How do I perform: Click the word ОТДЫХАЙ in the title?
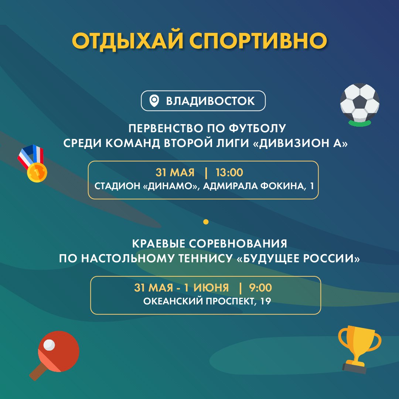pos(128,41)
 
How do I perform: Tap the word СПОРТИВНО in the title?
pos(258,41)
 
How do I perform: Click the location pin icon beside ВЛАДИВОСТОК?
pos(154,101)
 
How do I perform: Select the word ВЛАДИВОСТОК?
pos(210,101)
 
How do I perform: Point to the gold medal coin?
pos(37,172)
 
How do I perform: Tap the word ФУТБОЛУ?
pos(257,129)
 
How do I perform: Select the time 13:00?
pos(229,173)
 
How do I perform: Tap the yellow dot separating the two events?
pos(206,222)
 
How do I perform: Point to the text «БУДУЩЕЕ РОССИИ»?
pos(299,259)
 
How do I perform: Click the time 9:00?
pos(260,288)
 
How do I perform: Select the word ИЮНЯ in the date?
pos(211,288)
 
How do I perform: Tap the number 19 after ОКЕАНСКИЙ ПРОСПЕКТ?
pos(266,301)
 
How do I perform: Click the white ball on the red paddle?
pos(49,345)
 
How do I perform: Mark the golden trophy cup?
pos(359,349)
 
